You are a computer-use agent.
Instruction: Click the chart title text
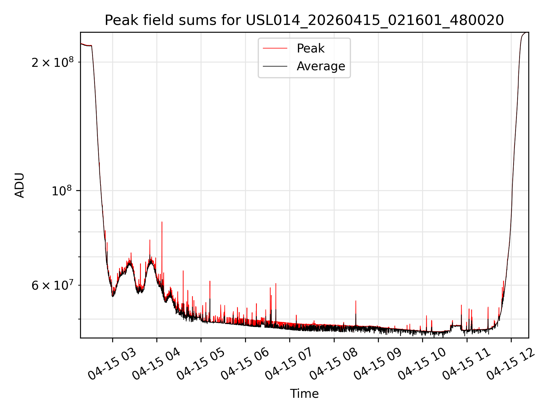304,20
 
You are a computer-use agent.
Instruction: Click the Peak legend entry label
311,48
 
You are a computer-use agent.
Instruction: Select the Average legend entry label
321,66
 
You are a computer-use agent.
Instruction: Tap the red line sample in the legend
275,48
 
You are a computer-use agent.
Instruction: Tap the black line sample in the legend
275,66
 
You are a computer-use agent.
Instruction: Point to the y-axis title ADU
20,185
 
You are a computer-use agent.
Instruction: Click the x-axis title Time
304,393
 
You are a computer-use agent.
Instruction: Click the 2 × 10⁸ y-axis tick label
53,62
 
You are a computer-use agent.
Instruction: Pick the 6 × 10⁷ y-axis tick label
53,285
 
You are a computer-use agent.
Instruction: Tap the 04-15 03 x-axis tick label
112,364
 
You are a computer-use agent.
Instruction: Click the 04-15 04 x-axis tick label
156,364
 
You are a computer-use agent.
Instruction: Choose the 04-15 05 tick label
201,364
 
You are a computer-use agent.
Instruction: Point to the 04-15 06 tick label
245,364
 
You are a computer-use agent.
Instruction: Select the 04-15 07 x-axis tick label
289,364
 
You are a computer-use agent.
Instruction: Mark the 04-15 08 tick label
333,364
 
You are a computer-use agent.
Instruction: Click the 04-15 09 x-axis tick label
378,364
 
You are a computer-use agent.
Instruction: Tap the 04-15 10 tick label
422,364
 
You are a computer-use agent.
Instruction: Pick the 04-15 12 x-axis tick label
511,364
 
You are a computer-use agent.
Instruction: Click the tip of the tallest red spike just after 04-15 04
162,222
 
